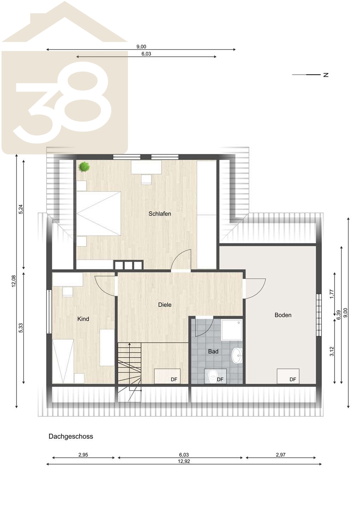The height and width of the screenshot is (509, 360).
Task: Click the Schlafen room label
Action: point(160,213)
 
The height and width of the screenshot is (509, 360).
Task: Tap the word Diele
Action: point(165,305)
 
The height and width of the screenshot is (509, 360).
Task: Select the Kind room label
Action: point(83,319)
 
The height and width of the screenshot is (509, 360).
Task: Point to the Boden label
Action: point(283,315)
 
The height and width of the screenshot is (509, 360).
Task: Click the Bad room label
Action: point(213,351)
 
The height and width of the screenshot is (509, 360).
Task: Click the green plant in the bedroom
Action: point(84,167)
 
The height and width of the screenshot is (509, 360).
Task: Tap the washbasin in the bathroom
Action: point(237,355)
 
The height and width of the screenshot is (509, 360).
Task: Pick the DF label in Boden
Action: point(293,379)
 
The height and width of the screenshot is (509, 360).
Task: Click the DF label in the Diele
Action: point(174,379)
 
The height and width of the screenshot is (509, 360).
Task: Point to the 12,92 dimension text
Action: point(184,461)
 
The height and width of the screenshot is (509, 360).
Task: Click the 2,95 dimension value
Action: point(83,455)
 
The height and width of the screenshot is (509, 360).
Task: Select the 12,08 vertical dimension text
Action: point(14,281)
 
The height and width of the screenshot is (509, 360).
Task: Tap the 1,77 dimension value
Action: point(332,294)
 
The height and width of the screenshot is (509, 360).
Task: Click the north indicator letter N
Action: point(326,75)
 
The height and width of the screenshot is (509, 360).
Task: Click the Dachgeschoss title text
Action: point(71,436)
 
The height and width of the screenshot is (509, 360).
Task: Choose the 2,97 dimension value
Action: point(281,455)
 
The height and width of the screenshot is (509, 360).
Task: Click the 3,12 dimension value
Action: point(332,351)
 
